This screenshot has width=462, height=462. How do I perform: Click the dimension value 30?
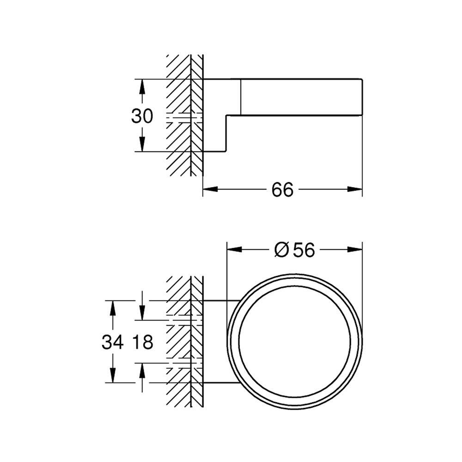tap(142, 116)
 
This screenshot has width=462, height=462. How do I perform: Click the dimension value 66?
tap(282, 189)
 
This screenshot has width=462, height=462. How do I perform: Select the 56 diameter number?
tap(304, 250)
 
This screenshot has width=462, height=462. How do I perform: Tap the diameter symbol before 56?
tap(281, 250)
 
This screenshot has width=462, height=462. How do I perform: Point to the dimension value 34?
tap(113, 342)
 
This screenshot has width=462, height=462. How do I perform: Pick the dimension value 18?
tap(142, 342)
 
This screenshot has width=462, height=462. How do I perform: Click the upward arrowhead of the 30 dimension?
tap(142, 87)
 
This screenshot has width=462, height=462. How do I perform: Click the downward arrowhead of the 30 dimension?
tap(142, 144)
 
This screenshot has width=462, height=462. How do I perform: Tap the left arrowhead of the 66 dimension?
tap(210, 189)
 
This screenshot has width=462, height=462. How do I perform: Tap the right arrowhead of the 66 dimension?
tap(355, 189)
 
